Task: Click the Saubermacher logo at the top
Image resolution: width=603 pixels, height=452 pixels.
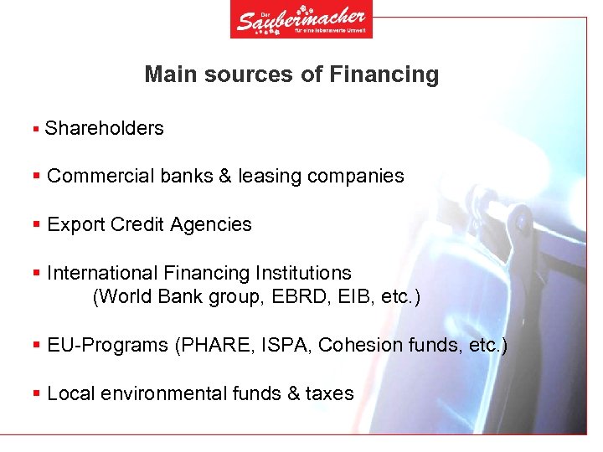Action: point(301,19)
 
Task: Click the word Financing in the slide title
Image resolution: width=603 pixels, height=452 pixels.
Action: point(384,74)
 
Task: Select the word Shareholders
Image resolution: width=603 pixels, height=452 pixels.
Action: point(105,128)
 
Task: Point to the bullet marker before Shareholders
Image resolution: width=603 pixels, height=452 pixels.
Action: point(35,129)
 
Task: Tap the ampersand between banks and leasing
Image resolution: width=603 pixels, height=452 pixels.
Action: point(225,177)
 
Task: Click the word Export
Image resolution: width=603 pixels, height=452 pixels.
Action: point(76,224)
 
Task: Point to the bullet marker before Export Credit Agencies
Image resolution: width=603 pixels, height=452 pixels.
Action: point(36,224)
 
